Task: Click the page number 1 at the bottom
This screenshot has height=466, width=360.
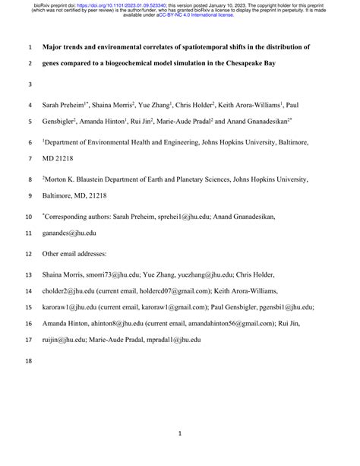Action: coord(179,434)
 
